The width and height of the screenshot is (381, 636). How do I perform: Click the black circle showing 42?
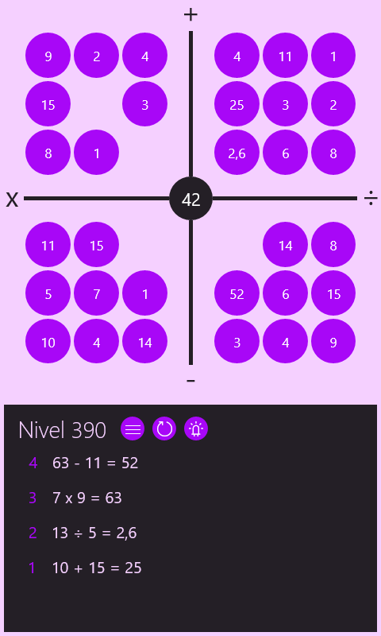pyautogui.click(x=190, y=198)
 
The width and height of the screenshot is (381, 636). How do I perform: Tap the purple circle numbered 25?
pyautogui.click(x=237, y=104)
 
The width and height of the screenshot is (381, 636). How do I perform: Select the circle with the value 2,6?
pyautogui.click(x=237, y=153)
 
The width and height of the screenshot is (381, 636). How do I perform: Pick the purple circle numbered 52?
pyautogui.click(x=237, y=293)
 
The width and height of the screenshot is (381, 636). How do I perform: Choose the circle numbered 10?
pyautogui.click(x=48, y=342)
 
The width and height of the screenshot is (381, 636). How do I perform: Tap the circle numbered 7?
pyautogui.click(x=96, y=293)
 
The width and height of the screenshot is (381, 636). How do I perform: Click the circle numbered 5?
pyautogui.click(x=48, y=293)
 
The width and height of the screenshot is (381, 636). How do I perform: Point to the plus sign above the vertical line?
pyautogui.click(x=190, y=14)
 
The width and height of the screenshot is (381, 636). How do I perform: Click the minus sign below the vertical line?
pyautogui.click(x=190, y=381)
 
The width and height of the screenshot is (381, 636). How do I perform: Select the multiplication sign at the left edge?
pyautogui.click(x=12, y=200)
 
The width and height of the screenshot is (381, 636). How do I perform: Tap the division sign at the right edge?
pyautogui.click(x=371, y=198)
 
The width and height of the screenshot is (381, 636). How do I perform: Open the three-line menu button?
pyautogui.click(x=133, y=429)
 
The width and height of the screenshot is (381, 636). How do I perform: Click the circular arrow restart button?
pyautogui.click(x=164, y=429)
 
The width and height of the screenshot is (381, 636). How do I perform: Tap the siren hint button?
pyautogui.click(x=196, y=429)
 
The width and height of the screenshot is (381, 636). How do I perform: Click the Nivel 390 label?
pyautogui.click(x=63, y=430)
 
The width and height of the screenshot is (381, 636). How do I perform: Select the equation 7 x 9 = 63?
pyautogui.click(x=87, y=498)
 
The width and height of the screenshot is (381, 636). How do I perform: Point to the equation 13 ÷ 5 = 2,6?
pyautogui.click(x=94, y=533)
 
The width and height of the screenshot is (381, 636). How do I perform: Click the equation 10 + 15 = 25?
pyautogui.click(x=97, y=568)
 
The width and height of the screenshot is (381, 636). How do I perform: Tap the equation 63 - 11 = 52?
pyautogui.click(x=95, y=463)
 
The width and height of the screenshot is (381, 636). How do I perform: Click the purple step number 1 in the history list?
pyautogui.click(x=32, y=568)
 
